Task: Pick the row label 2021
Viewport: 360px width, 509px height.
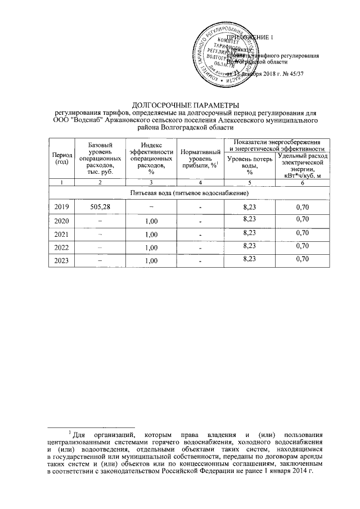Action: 61,233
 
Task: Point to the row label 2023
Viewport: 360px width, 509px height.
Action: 61,260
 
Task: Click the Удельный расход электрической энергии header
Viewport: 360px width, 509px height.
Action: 303,166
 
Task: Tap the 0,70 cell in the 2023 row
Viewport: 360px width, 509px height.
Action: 303,259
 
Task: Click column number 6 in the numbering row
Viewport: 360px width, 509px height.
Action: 303,183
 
